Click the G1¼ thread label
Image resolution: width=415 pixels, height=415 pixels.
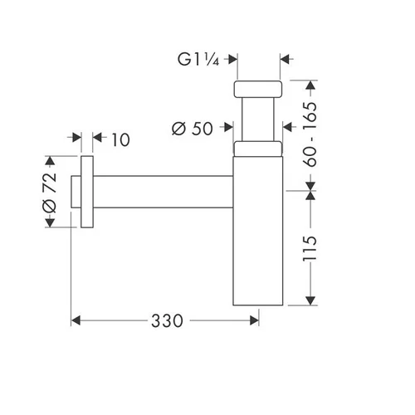pos(198,60)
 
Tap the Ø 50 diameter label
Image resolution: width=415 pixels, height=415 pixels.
pos(193,129)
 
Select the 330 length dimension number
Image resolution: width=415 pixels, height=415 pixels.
pos(167,321)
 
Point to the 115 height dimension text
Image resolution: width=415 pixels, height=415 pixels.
pos(310,248)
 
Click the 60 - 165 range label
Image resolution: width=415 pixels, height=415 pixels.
pos(310,134)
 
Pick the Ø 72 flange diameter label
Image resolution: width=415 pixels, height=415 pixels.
pos(50,193)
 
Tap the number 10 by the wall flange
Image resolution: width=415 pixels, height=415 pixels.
pos(120,139)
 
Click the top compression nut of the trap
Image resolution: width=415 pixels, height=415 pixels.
pos(258,89)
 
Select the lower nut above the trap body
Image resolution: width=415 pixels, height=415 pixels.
pos(258,149)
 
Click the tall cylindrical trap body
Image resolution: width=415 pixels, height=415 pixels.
pos(258,231)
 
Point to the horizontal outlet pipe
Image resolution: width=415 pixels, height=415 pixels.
pos(164,192)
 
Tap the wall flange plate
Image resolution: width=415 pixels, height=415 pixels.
pos(87,192)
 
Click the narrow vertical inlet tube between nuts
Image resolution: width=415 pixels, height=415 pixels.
pos(258,120)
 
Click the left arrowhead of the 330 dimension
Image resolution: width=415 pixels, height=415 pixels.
pos(76,320)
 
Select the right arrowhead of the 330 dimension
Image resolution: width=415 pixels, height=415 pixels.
pos(254,320)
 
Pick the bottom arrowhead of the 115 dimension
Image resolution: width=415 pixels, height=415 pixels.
pos(310,300)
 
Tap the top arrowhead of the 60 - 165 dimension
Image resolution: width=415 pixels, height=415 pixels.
pos(310,85)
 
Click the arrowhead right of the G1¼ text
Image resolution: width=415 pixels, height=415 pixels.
pos(233,59)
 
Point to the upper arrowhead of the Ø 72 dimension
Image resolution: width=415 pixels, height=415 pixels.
pos(50,161)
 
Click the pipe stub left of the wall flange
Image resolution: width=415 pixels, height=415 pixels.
pos(76,192)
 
